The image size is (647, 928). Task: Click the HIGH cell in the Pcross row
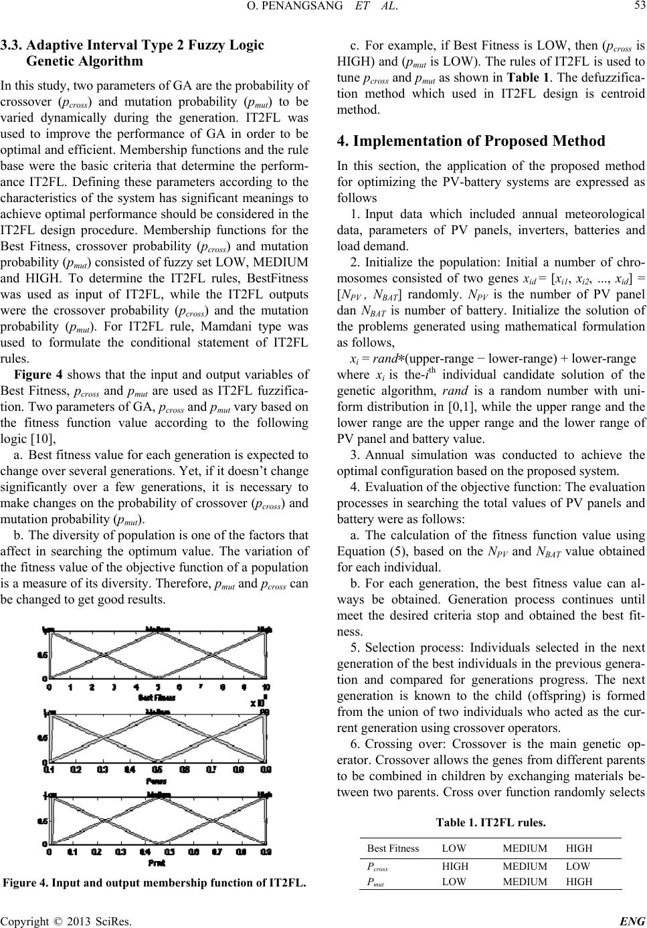point(456,865)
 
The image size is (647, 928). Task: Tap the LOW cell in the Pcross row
point(579,865)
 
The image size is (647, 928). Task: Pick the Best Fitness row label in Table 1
point(393,848)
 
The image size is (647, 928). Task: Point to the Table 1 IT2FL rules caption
point(490,822)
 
